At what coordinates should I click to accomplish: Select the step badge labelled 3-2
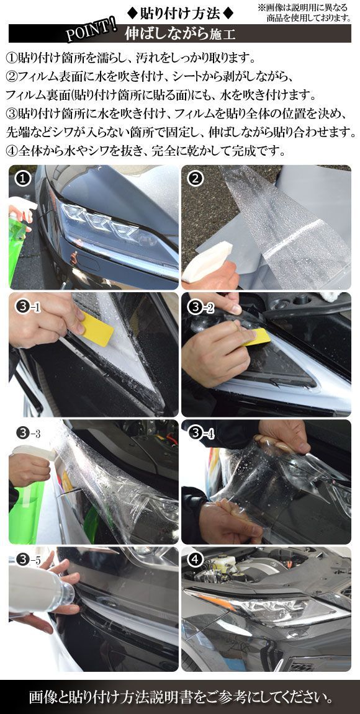(x=201, y=307)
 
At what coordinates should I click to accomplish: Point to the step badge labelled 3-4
(x=201, y=434)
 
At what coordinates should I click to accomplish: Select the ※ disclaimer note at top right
(x=304, y=13)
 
